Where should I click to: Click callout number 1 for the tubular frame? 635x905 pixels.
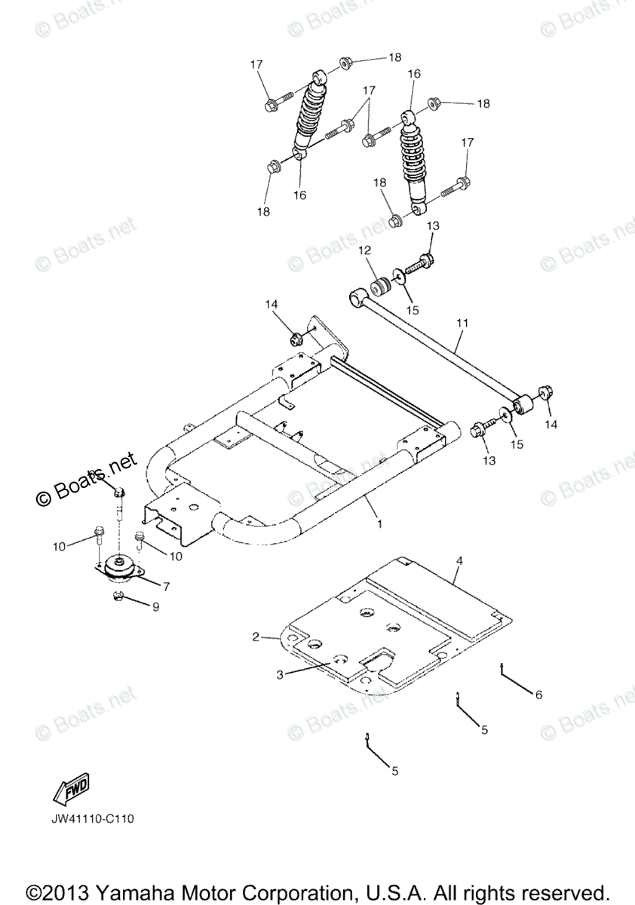point(379,523)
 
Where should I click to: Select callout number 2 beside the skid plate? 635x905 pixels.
point(256,637)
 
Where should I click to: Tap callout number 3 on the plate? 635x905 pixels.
point(280,674)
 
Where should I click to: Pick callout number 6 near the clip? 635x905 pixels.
point(538,695)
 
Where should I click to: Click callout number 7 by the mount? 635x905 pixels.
point(166,585)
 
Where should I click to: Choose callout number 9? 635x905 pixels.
point(155,606)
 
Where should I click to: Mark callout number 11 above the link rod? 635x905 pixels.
point(462,323)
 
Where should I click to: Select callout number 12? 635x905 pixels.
point(364,250)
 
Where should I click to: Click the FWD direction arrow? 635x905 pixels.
point(71,790)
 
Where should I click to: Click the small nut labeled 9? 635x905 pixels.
point(118,598)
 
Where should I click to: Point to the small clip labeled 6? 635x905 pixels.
point(502,665)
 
